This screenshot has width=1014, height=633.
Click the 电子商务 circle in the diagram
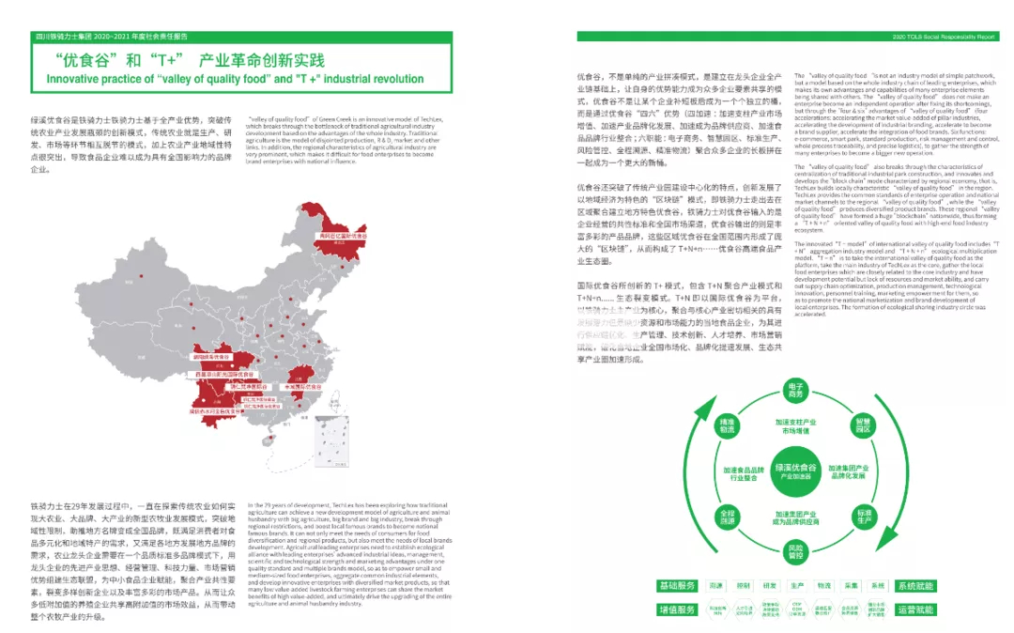(795, 390)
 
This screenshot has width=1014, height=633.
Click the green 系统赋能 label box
(915, 585)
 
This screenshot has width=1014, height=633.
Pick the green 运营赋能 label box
(915, 610)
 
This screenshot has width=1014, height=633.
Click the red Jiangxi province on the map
(302, 386)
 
